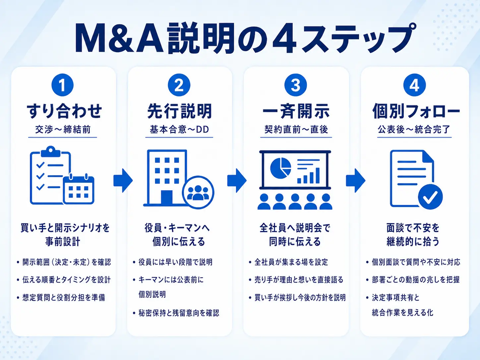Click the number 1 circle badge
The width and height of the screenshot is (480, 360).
tap(63, 85)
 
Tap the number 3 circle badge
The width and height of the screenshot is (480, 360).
tap(296, 85)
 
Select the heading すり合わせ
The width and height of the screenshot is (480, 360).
tap(64, 111)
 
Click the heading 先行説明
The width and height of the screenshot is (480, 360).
tap(179, 111)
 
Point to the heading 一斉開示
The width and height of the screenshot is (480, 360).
tap(296, 111)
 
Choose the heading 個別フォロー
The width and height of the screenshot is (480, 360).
tap(416, 111)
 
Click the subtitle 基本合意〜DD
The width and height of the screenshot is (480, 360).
tap(179, 130)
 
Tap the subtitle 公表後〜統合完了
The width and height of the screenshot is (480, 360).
tap(414, 130)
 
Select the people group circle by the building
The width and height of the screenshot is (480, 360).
tap(198, 192)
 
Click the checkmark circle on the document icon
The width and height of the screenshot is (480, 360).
tap(430, 197)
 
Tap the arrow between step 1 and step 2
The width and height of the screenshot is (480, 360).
tap(123, 181)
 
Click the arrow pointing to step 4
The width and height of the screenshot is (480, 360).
tap(356, 181)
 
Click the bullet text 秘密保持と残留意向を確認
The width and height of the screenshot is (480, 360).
tap(179, 313)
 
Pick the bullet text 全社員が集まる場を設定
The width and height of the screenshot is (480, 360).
tap(291, 262)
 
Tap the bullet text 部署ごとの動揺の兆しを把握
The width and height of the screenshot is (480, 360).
tap(416, 279)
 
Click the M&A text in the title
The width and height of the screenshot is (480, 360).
tap(119, 38)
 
